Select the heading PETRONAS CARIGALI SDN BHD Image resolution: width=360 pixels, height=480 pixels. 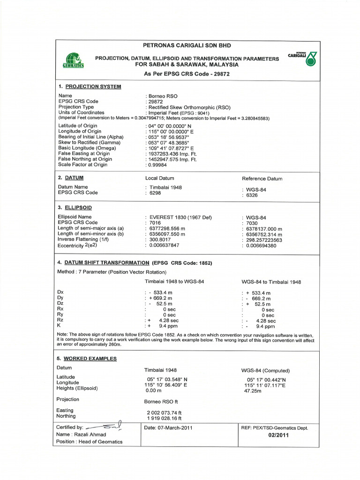click(x=187, y=45)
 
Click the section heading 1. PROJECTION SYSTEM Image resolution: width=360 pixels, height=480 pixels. click(x=90, y=87)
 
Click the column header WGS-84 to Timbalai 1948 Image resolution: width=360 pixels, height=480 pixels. click(x=271, y=282)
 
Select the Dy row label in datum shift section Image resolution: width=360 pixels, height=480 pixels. click(x=60, y=298)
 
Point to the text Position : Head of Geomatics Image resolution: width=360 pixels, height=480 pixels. click(x=89, y=442)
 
